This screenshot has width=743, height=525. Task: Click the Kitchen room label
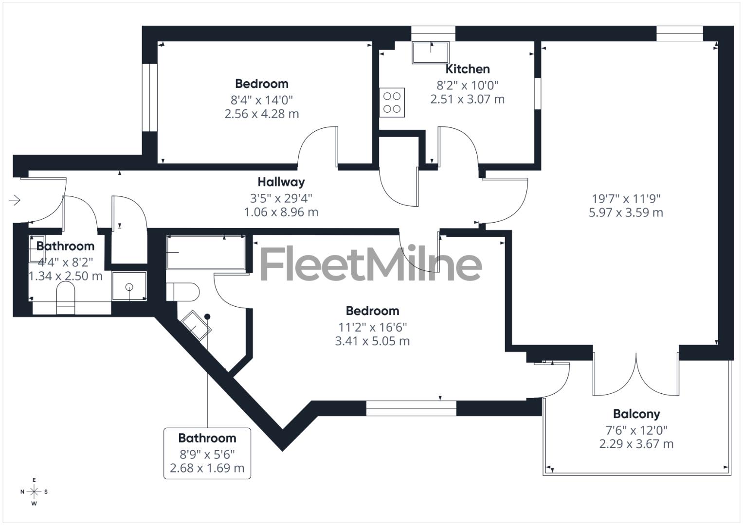point(467,69)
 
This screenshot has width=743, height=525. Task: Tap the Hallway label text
point(281,182)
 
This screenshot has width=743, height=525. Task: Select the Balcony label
point(636,414)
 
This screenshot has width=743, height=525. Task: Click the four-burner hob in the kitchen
point(392,103)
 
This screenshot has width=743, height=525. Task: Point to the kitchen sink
point(431,52)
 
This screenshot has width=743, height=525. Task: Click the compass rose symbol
point(34,491)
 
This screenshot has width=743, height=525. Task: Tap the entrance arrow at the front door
point(15,200)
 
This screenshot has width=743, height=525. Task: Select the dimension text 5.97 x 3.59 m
point(626,212)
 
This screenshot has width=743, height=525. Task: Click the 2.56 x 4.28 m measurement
point(262,114)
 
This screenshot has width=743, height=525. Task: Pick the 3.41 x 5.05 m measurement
point(372,341)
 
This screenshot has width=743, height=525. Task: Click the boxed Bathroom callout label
point(207,453)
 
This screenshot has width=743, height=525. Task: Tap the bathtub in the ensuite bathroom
point(205,252)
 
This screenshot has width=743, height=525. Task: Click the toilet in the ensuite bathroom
point(183,292)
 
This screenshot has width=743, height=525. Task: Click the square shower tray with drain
point(129,286)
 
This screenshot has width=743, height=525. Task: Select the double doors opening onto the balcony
point(635,374)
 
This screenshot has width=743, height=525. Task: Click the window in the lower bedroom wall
point(411,408)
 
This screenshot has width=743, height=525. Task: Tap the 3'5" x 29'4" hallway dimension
point(281,198)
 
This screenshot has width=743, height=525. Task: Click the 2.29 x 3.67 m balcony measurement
point(636,444)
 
